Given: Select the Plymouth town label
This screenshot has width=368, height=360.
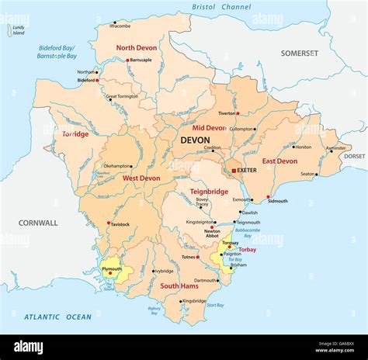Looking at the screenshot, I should point(112,268).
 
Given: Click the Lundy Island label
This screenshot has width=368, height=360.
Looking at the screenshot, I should point(18,30).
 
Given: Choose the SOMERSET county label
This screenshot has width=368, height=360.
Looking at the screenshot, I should point(300,53).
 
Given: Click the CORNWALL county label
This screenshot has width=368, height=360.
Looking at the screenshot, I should point(39,223).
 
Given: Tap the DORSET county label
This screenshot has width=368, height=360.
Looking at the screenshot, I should point(354,156).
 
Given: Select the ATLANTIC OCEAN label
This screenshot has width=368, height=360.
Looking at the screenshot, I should point(57,317).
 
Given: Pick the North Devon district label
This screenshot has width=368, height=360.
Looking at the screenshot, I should point(137,47).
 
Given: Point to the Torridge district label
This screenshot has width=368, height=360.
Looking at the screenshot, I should point(75,133).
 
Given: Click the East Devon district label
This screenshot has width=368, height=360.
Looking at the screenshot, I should point(279,161).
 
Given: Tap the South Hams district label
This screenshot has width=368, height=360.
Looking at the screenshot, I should point(179,286).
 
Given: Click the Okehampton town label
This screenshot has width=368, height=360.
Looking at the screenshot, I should point(116,165).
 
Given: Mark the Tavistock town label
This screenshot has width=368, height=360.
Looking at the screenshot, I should point(119,224).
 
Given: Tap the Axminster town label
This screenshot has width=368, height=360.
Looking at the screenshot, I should point(336,147).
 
